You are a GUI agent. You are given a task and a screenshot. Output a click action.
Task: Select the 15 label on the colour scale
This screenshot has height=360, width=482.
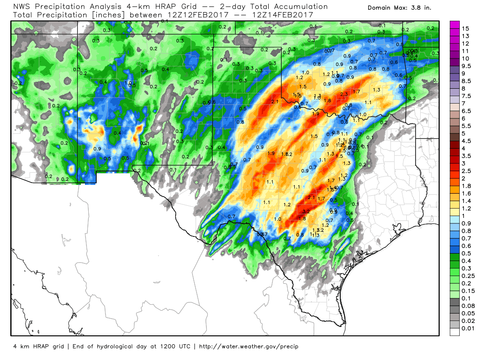pos(465,28)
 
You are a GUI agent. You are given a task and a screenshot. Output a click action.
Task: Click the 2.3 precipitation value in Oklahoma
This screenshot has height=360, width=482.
pos(344,94)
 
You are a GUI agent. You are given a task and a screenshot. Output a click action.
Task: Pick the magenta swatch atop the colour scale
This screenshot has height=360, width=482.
pos(454,25)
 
